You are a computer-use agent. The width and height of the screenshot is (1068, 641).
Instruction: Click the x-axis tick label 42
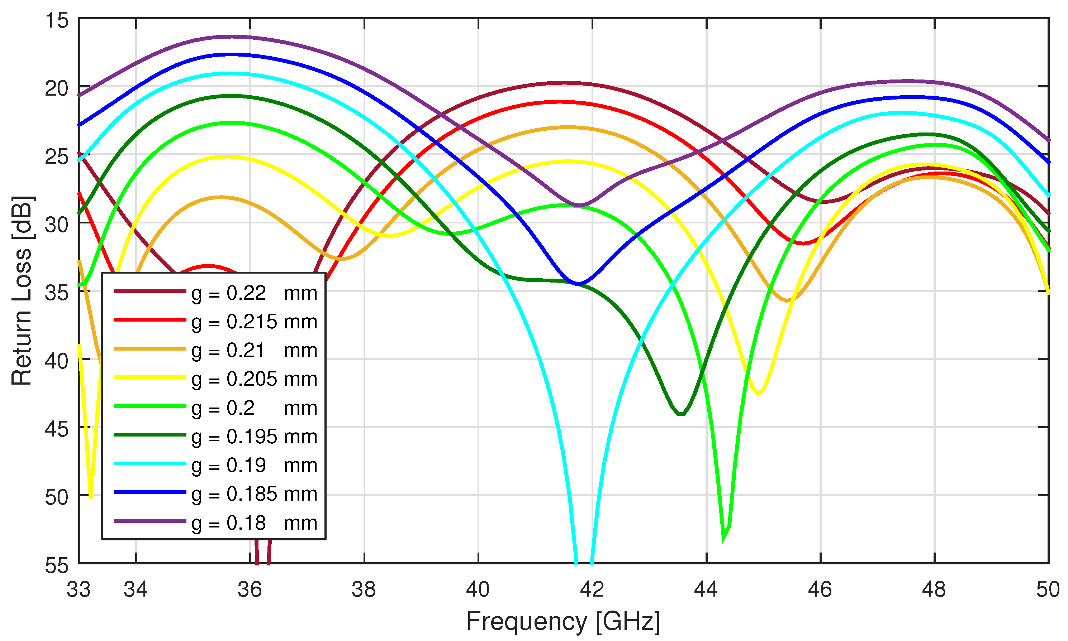click(x=592, y=589)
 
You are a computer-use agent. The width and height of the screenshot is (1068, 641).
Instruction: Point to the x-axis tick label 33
click(x=79, y=589)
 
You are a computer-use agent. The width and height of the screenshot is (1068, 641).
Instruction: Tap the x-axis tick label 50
click(x=1048, y=589)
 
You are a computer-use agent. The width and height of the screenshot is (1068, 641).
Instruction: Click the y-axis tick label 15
click(x=57, y=20)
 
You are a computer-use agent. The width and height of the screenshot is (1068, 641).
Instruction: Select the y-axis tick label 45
click(x=57, y=429)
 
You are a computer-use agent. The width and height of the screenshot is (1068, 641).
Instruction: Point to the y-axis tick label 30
click(x=57, y=225)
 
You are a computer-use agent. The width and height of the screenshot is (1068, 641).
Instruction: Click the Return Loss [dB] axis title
click(x=22, y=290)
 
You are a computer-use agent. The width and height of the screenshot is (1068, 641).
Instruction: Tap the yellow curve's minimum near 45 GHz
click(x=758, y=394)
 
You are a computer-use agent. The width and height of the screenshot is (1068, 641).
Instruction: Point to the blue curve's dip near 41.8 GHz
click(x=579, y=284)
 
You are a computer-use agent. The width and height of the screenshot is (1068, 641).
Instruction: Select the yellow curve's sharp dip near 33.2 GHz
click(x=91, y=497)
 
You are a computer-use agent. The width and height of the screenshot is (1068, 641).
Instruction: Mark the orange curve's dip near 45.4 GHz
click(x=787, y=300)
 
